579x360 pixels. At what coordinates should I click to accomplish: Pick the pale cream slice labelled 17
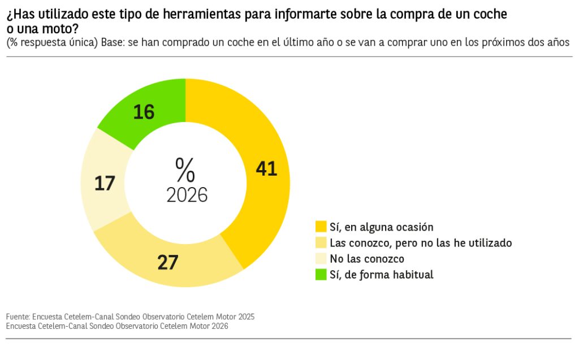[x=102, y=181]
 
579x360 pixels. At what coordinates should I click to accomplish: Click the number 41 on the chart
[x=266, y=168]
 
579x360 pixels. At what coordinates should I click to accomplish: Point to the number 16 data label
[x=144, y=112]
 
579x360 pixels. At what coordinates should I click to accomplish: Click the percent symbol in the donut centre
[x=185, y=170]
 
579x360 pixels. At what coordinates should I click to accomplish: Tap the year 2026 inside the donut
[x=187, y=194]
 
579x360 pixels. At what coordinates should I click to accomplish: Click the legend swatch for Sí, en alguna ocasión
[x=321, y=227]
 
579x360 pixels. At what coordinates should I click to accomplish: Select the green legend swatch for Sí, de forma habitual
[x=321, y=275]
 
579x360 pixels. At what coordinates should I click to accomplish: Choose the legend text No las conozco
[x=367, y=259]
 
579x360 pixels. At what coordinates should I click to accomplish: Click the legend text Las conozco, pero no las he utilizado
[x=421, y=243]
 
